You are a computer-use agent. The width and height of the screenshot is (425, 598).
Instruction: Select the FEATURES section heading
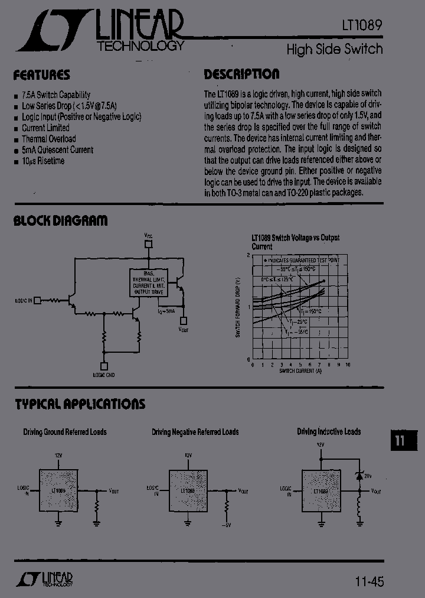pos(41,75)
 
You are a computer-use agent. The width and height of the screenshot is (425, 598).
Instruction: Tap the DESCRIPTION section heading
pos(241,74)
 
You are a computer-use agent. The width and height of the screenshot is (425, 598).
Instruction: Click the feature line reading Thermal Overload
pos(49,139)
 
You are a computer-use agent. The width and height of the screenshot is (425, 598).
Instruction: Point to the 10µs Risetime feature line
pos(43,161)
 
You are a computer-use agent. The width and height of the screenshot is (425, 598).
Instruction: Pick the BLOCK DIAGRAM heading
pos(60,221)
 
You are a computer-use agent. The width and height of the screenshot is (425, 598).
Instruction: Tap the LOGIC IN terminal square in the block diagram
pos(37,300)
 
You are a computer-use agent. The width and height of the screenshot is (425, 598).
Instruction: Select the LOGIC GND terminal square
pos(104,366)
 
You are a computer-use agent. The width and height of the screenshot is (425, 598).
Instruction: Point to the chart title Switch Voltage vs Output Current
pos(295,242)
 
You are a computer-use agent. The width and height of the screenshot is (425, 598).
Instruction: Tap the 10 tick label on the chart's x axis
pos(348,365)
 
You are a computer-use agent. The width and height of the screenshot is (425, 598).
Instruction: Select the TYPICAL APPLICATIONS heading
pos(80,404)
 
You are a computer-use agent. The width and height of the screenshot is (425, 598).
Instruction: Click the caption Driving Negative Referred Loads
pos(195,432)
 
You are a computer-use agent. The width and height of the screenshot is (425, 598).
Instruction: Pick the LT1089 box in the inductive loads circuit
pos(321,491)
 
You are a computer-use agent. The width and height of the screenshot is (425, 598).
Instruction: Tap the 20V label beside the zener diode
pos(367,476)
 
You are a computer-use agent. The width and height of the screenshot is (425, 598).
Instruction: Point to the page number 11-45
pos(370,581)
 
